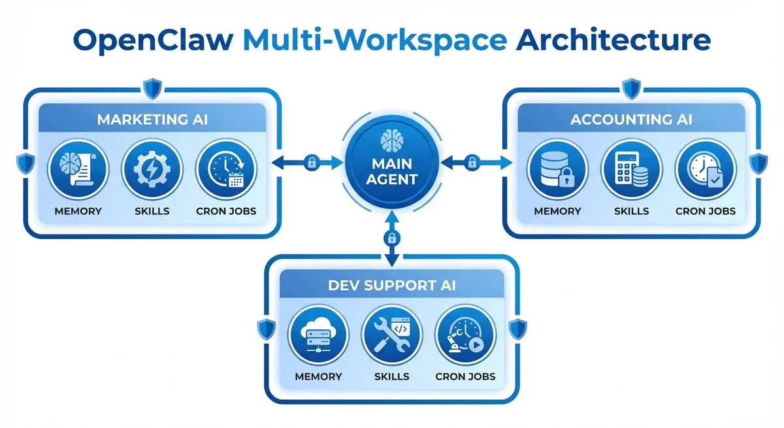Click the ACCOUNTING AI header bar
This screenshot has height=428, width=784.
pyautogui.click(x=631, y=120)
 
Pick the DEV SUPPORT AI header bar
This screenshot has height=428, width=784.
pyautogui.click(x=392, y=285)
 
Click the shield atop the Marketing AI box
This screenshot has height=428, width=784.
pyautogui.click(x=152, y=87)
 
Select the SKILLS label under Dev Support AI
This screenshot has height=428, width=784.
pyautogui.click(x=392, y=376)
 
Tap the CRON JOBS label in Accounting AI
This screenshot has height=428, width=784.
pyautogui.click(x=705, y=211)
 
